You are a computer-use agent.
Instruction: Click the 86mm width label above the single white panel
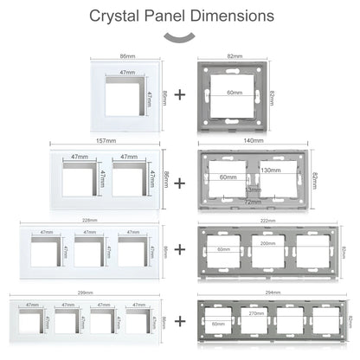click(x=125, y=55)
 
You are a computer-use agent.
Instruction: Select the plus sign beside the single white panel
click(x=179, y=94)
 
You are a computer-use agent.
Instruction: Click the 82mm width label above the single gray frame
click(x=234, y=55)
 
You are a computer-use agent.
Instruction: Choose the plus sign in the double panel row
click(x=179, y=183)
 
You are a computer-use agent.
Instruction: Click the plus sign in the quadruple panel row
click(x=179, y=320)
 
